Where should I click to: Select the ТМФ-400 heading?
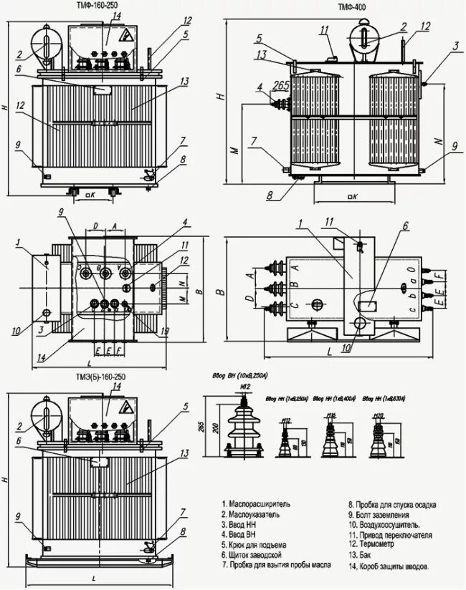point(353,6)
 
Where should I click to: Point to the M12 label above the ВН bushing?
point(244,387)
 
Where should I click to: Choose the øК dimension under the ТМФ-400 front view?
point(351,195)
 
